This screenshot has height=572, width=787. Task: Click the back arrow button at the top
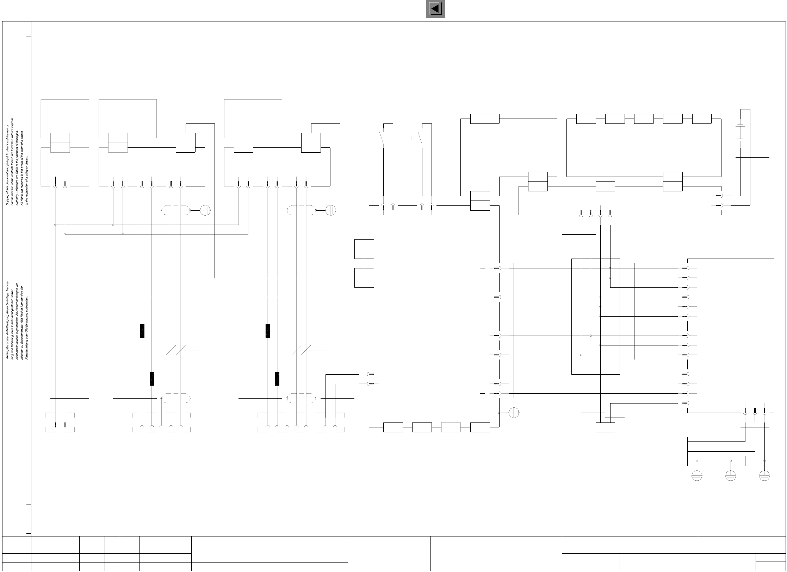click(435, 9)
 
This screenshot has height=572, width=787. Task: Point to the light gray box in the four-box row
click(451, 427)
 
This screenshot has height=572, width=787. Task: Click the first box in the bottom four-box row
click(393, 427)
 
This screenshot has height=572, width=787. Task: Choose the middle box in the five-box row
click(644, 119)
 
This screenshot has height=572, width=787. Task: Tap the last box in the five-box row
click(701, 119)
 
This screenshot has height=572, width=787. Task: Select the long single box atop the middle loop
click(485, 119)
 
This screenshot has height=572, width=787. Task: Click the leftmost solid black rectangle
click(142, 331)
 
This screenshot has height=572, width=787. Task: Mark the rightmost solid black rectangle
click(277, 379)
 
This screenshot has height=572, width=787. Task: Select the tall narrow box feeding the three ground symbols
click(682, 451)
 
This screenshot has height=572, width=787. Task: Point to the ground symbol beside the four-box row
click(514, 413)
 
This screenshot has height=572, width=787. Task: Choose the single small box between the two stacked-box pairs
click(605, 186)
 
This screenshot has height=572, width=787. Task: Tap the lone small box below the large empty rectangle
click(605, 427)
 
